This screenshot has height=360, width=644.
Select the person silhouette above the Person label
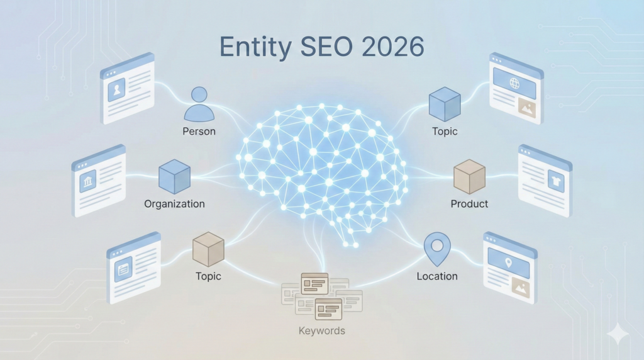click(x=199, y=105)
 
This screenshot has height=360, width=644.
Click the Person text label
click(x=199, y=132)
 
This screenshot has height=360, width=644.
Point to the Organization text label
click(x=174, y=204)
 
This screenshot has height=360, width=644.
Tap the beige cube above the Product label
click(x=469, y=176)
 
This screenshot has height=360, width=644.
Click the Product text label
click(x=469, y=204)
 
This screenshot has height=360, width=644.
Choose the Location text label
click(x=437, y=276)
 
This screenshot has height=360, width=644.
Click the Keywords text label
click(x=321, y=330)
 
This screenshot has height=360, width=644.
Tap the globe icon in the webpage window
click(x=514, y=83)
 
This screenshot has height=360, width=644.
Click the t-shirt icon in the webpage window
click(x=555, y=183)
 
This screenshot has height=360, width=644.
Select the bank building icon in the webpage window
click(x=87, y=182)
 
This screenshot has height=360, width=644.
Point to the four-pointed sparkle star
click(x=618, y=334)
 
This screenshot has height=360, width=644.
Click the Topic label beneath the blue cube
click(x=445, y=132)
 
